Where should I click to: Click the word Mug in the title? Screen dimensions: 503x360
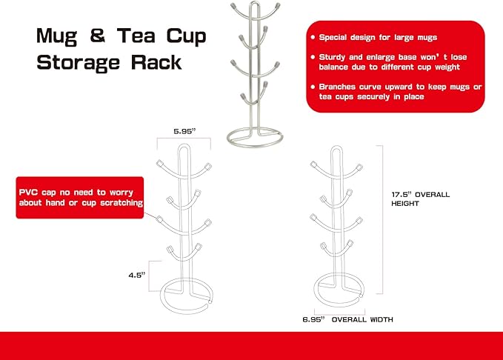56,37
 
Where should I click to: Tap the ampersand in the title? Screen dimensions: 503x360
98,35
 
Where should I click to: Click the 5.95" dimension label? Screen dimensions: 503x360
184,131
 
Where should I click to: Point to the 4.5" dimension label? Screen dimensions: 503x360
137,275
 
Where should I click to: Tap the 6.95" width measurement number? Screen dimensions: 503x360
314,319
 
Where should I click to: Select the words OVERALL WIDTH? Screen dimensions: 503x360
362,319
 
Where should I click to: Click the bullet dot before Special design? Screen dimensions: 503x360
313,37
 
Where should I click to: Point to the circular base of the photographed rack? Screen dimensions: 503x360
255,146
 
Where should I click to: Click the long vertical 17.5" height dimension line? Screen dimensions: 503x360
382,219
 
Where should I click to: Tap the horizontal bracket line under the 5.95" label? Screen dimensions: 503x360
184,138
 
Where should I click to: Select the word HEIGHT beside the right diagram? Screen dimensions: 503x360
405,204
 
